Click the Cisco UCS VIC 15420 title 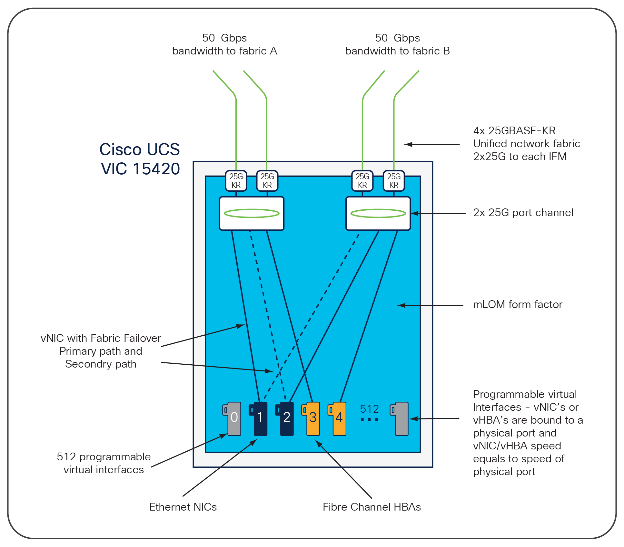click(140, 159)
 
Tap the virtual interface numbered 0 click(233, 418)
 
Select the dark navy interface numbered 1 click(260, 418)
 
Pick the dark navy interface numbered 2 click(286, 418)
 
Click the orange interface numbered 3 click(312, 418)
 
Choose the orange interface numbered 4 click(339, 418)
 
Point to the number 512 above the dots click(369, 409)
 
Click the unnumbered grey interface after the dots click(401, 418)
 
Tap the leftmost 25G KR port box click(236, 181)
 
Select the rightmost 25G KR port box click(394, 181)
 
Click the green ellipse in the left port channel click(252, 213)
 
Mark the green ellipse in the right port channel click(378, 213)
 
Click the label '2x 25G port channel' click(523, 213)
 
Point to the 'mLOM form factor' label click(518, 304)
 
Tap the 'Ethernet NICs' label click(183, 507)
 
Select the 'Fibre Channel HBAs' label click(372, 507)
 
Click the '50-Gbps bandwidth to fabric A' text click(224, 44)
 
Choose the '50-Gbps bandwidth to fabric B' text click(397, 44)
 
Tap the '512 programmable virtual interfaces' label click(104, 463)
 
